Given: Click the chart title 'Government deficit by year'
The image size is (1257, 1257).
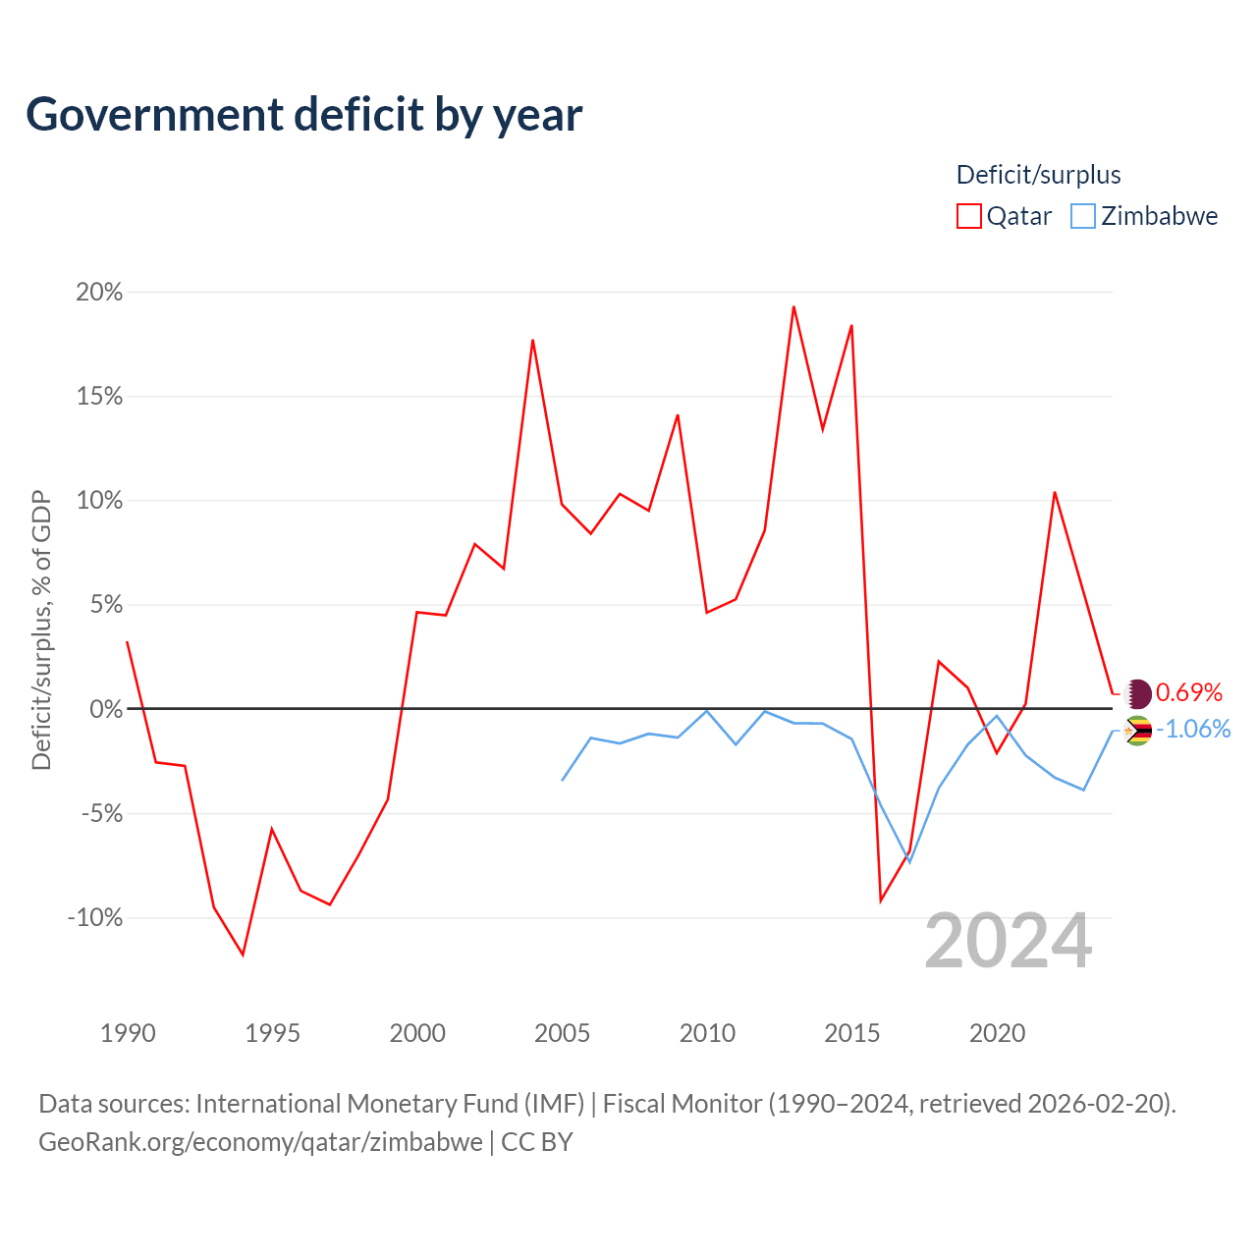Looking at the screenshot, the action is pos(303,115).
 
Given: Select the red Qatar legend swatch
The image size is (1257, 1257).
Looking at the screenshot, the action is pos(968,216).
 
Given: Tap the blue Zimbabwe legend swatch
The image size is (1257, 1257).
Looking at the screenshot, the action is pos(1083,216).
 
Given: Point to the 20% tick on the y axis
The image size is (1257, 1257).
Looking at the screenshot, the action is pos(99,293).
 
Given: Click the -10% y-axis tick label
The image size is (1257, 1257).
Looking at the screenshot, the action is pos(95,918).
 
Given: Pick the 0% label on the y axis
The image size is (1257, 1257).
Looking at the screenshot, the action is pos(106,709).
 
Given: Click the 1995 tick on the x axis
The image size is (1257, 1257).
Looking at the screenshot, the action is pos(272,1033).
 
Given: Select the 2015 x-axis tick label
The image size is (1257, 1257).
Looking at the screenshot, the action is pos(852,1033).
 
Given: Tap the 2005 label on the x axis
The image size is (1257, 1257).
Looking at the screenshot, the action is pos(563,1033).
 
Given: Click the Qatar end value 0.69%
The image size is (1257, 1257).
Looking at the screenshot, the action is pos(1188,692).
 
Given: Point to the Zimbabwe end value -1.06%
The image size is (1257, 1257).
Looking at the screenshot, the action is pos(1193,730).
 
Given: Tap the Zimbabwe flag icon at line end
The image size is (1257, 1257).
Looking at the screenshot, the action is pos(1137,731).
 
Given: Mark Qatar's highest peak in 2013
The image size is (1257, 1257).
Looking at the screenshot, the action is pos(793,306).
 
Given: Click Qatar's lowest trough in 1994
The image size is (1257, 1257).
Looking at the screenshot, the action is pos(244,956).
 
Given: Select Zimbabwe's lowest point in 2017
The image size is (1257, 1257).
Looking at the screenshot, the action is pos(909,863).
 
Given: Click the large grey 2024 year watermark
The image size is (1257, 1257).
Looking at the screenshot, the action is pos(1008,942).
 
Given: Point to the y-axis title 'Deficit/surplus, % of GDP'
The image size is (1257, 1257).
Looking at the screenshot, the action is pos(41,630).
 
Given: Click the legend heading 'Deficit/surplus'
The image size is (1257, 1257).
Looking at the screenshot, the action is pos(1038,175).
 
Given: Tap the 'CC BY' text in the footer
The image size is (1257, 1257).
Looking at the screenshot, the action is pos(537,1142).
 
